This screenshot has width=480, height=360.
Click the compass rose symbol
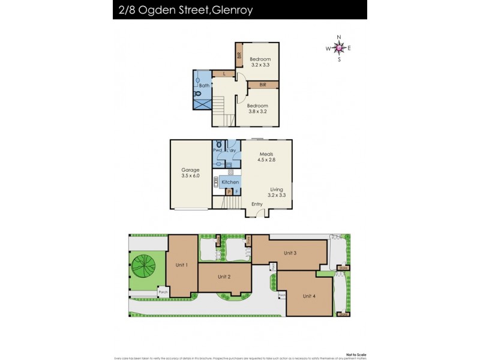339,49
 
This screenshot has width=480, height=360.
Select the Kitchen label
230,182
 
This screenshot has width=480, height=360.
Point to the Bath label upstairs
204,86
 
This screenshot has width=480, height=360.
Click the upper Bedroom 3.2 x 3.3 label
260,62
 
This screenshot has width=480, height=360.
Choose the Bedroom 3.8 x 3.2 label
258,109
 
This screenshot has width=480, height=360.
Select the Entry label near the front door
257,204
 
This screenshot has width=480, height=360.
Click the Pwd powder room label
217,150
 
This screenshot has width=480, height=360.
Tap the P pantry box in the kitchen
229,192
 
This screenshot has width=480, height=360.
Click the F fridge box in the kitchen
237,192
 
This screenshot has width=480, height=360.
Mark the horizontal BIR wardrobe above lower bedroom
263,85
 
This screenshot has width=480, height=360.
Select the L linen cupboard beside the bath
224,74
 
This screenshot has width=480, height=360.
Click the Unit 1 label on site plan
182,265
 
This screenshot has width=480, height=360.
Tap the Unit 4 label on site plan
308,296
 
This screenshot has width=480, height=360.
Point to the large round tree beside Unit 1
143,266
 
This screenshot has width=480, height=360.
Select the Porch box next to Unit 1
163,292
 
